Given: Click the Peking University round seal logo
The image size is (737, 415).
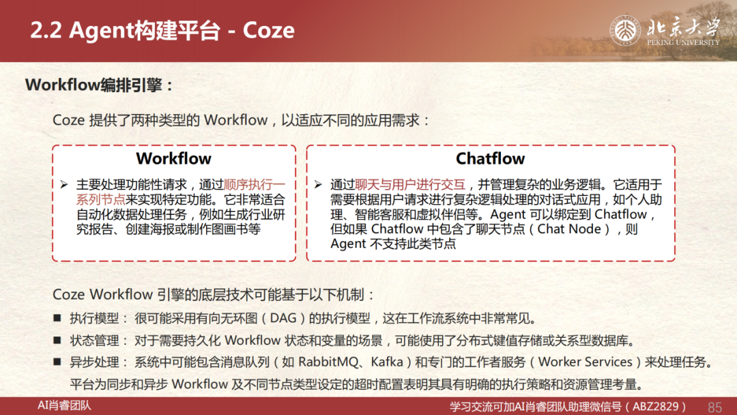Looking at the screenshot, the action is coord(624,31).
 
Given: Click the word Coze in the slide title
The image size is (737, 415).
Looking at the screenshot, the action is coord(268,31).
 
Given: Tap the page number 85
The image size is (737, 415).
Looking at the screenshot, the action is coord(714,407).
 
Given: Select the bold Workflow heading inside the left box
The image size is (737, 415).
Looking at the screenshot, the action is coord(173,159).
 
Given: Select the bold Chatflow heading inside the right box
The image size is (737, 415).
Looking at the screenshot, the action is coord(490,159).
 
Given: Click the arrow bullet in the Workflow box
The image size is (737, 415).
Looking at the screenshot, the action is coord(64,185).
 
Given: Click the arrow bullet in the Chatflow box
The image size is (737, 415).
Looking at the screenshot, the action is coord(318,185).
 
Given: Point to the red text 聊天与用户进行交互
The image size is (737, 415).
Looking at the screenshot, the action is coord(410,185).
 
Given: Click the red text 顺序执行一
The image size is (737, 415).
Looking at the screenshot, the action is coord(255,185).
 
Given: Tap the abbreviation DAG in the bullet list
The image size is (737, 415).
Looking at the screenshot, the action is coord(283,318).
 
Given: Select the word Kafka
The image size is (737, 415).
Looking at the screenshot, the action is coord(387,362).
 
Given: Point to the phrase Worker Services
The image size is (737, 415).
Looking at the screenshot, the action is coord(585,362).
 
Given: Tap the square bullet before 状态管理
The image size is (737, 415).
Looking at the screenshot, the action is coord(57,340).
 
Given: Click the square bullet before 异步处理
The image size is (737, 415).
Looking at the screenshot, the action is coord(57,362).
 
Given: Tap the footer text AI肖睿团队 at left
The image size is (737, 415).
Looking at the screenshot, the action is coord(64,405).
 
